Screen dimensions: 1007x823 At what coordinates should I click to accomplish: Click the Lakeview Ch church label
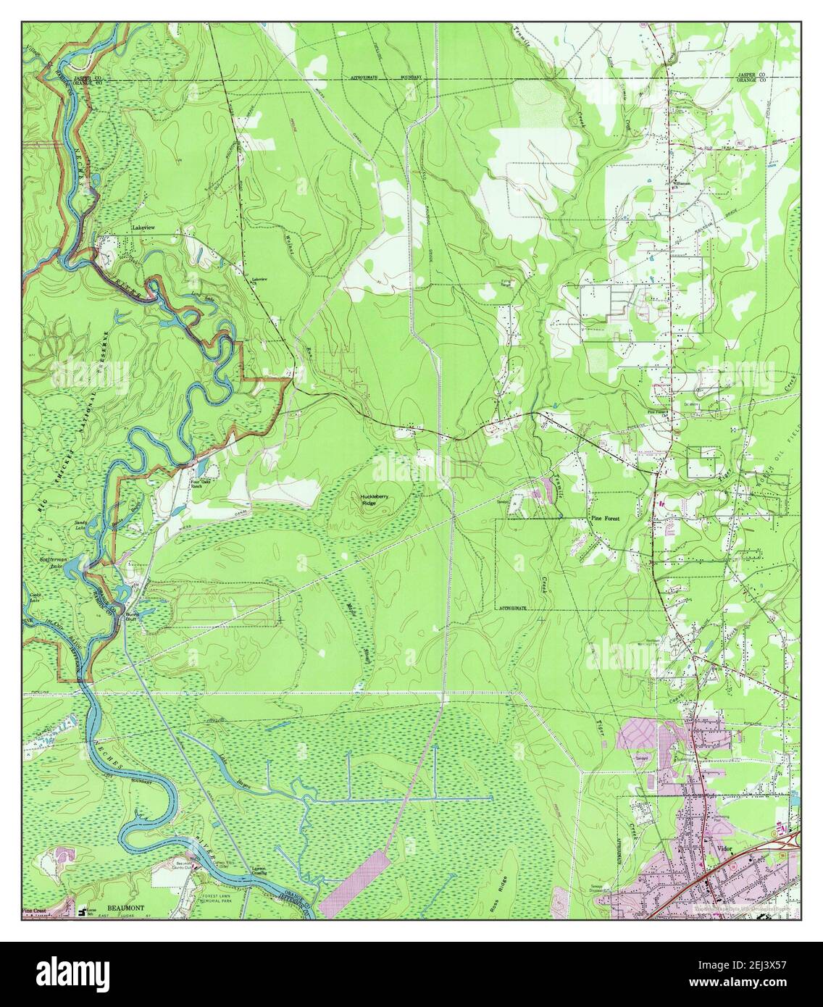[259, 280]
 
